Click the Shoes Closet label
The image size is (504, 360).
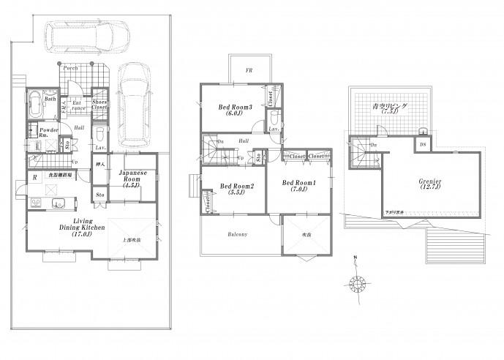[99, 105]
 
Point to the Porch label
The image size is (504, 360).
[71, 68]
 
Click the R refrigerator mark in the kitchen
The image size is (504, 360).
[34, 178]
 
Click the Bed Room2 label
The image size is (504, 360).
[236, 187]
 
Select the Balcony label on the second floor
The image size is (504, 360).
[236, 234]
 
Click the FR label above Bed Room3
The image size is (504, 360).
[249, 71]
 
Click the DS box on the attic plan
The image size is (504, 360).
[422, 145]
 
